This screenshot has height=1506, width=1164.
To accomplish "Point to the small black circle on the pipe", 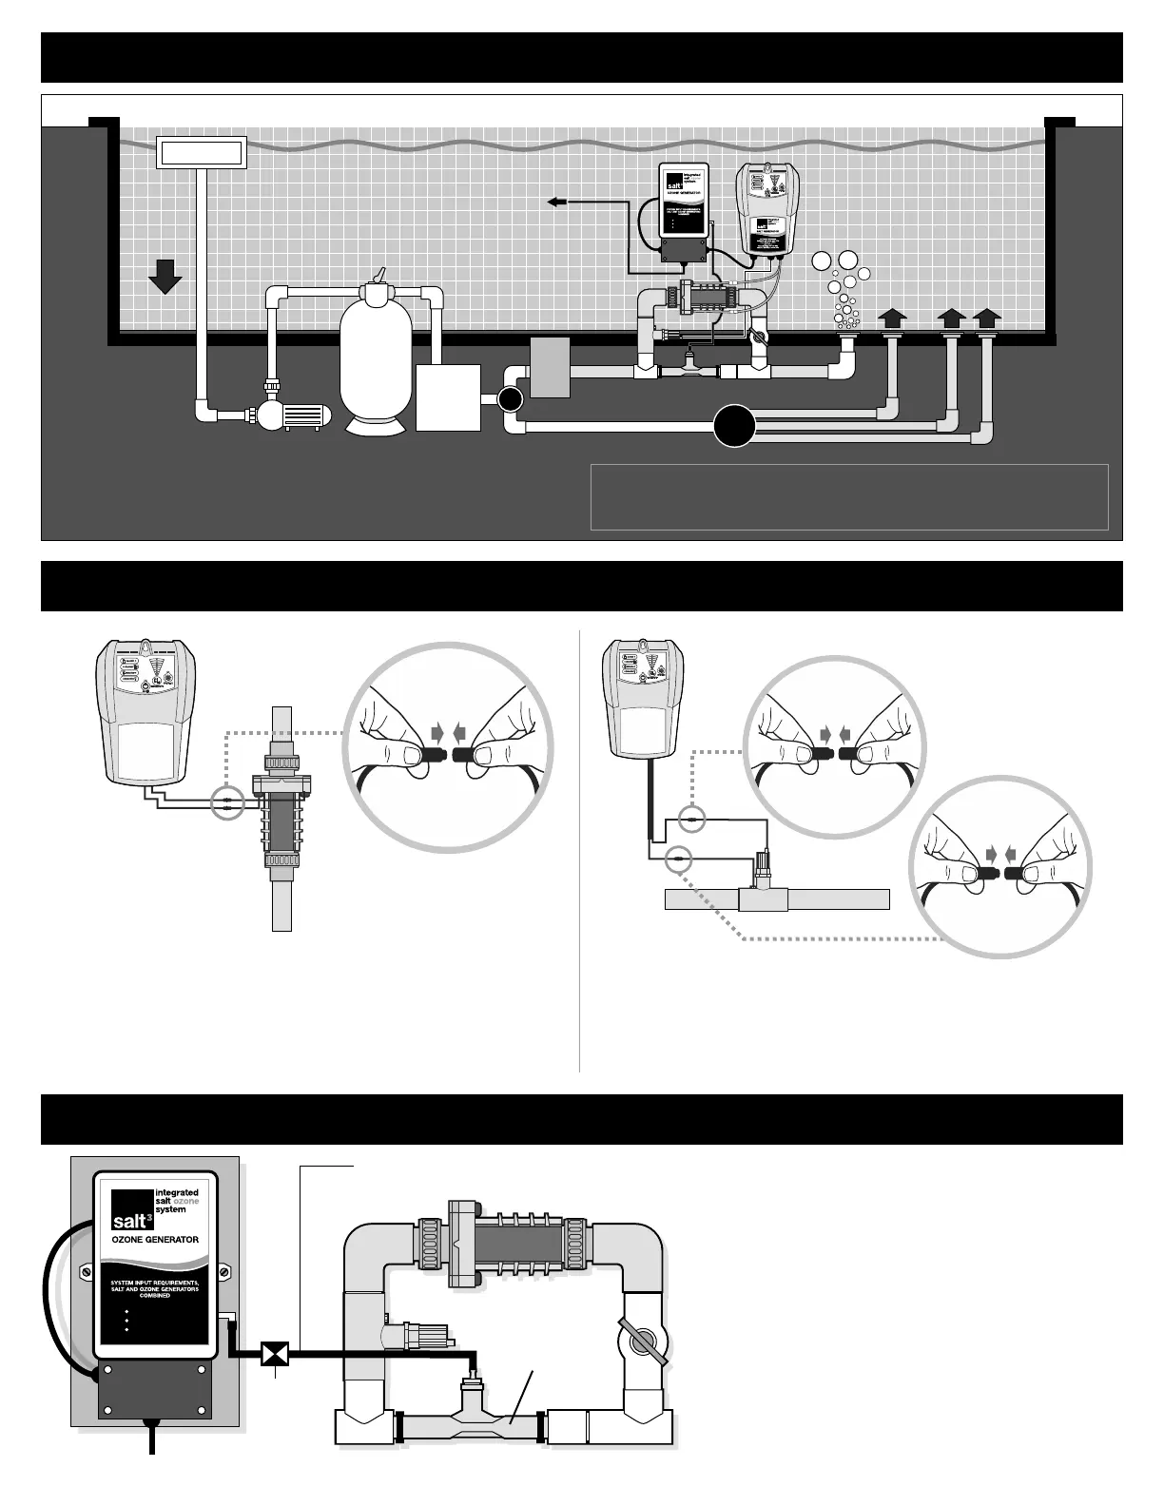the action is (511, 400).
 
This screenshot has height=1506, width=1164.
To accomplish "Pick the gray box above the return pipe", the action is (550, 367).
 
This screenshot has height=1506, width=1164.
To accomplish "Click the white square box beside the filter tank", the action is (449, 397).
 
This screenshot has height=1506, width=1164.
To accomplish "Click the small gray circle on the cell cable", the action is (228, 803).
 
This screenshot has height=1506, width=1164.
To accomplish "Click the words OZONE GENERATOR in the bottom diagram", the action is (155, 1240).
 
